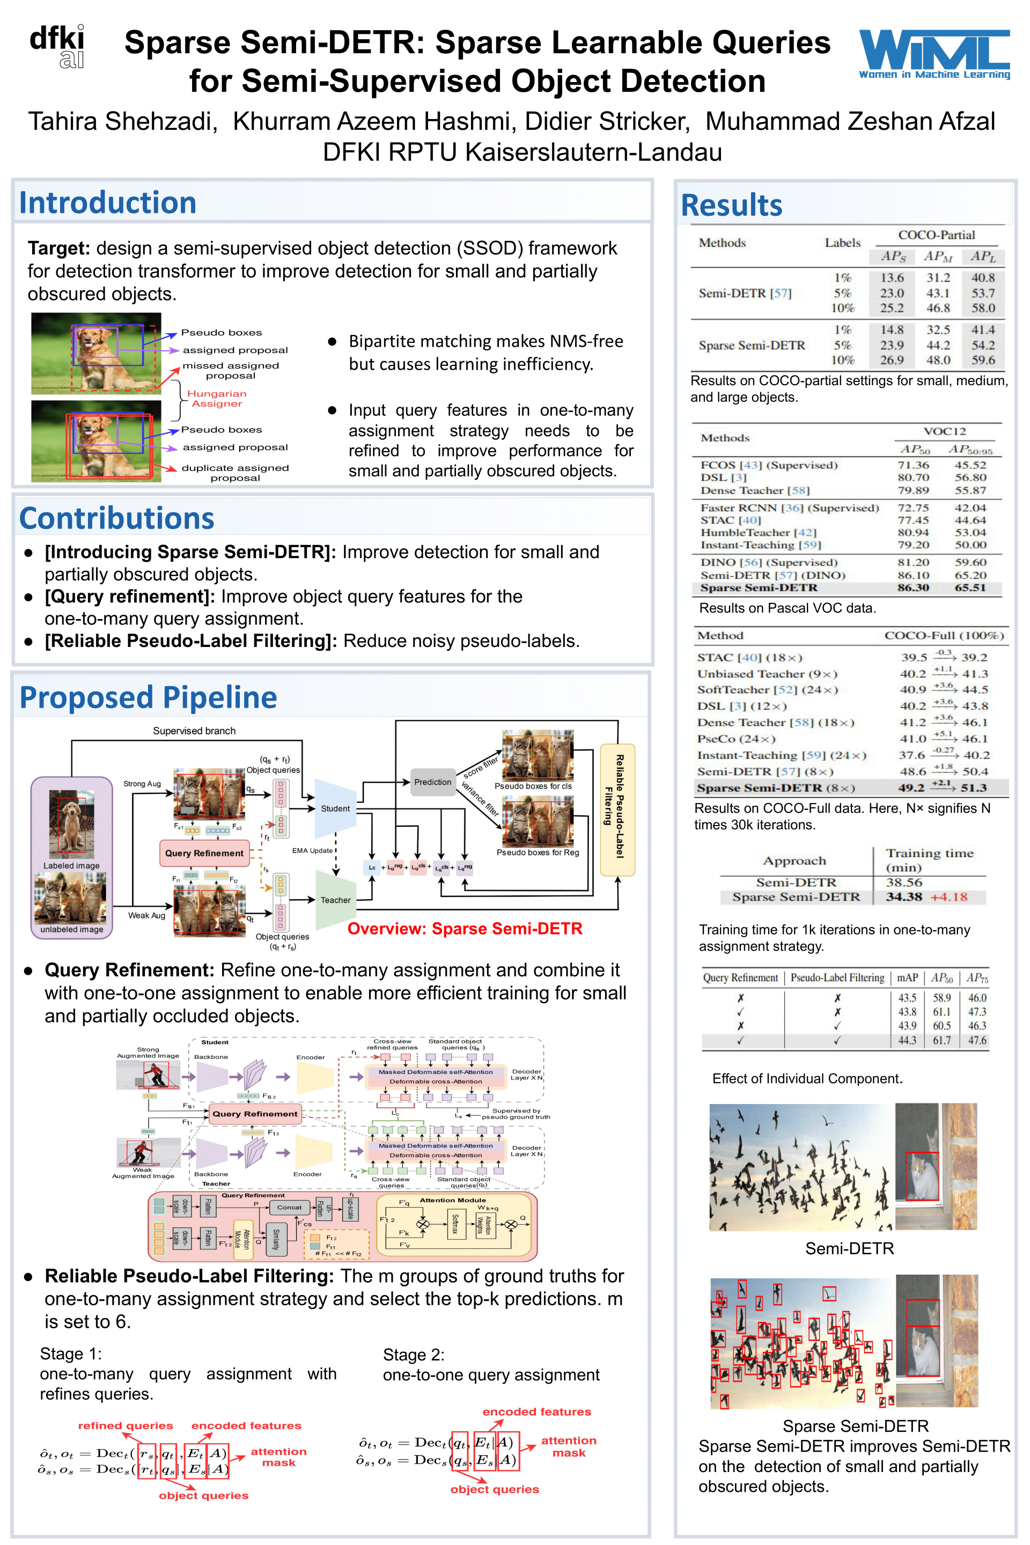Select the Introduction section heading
click(108, 202)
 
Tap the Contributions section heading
click(116, 518)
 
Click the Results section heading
click(731, 205)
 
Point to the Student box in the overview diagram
click(335, 808)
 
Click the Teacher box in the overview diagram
click(335, 900)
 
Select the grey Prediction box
click(432, 782)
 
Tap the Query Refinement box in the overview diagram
click(204, 854)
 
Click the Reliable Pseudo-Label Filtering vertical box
click(617, 810)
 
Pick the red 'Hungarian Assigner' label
click(217, 399)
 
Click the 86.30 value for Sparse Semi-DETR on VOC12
click(913, 588)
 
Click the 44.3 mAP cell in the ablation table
click(907, 1041)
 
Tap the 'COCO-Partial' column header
click(936, 235)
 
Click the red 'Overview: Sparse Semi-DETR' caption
click(465, 929)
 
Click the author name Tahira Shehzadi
click(122, 122)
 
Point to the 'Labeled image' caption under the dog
click(71, 866)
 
